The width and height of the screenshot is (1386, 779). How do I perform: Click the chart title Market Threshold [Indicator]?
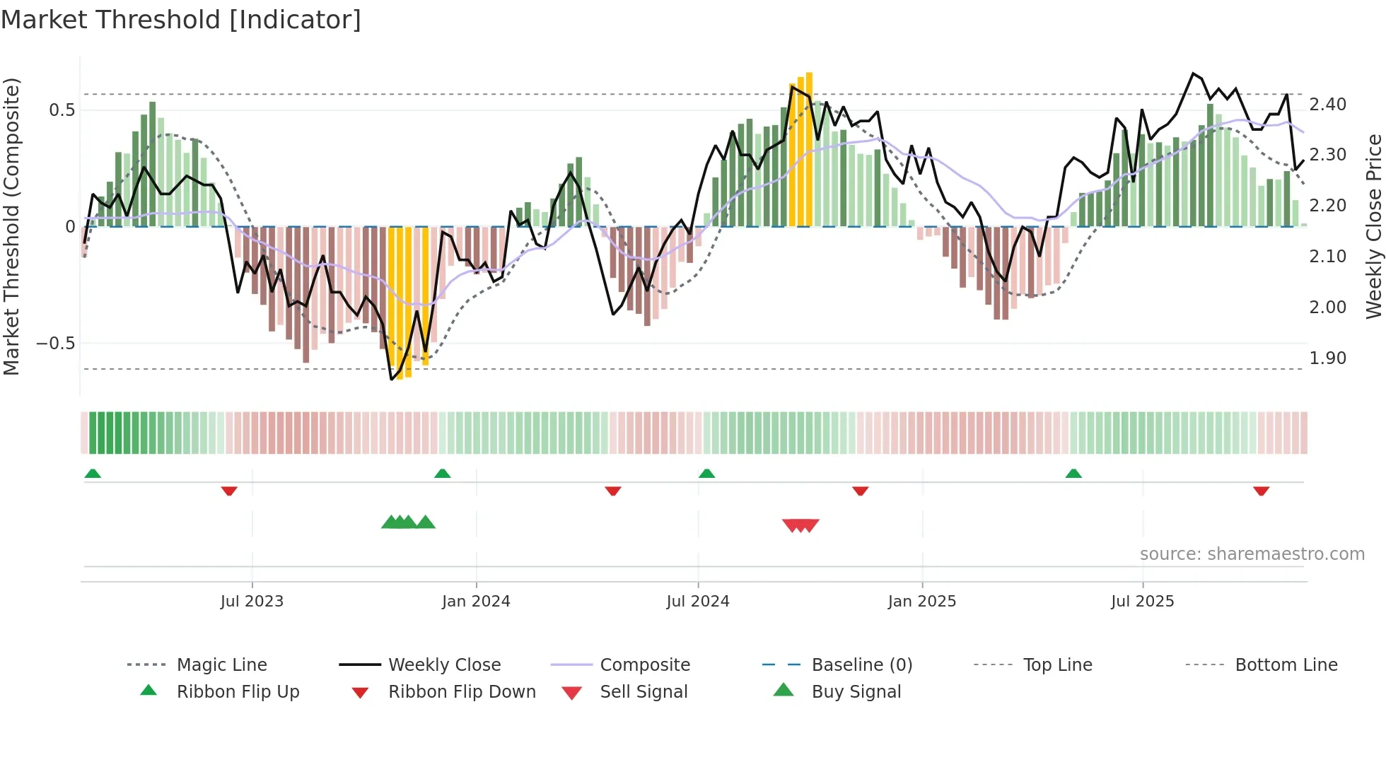[181, 20]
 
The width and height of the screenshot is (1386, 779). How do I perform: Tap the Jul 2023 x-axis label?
[252, 602]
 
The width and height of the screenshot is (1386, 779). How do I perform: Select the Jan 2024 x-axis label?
[476, 602]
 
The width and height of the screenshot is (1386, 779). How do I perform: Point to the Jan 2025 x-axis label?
[922, 602]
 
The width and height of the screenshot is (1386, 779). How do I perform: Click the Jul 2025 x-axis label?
[1142, 602]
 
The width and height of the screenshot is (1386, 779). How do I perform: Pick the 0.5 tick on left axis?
[62, 110]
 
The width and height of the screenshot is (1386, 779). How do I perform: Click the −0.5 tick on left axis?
[55, 344]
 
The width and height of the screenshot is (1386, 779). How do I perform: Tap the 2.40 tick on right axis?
[1327, 105]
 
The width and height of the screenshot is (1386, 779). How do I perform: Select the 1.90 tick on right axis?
[1327, 358]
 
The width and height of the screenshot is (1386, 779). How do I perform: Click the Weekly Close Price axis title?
[1373, 226]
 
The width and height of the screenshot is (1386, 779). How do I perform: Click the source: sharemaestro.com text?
[1252, 554]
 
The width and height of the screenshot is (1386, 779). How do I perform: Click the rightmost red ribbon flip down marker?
[1261, 491]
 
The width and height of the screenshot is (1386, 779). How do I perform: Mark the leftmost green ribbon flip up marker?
[93, 474]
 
